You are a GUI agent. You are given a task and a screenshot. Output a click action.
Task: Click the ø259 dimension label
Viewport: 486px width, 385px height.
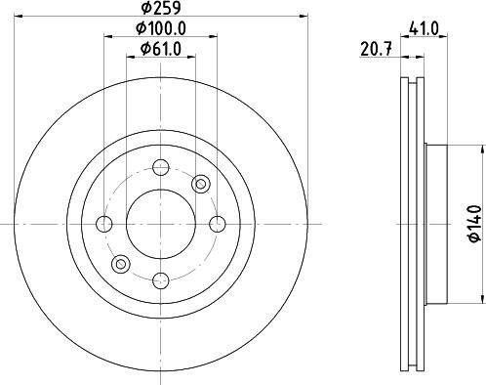tap(161, 8)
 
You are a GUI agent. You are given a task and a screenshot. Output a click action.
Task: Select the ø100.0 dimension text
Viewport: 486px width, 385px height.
tap(161, 28)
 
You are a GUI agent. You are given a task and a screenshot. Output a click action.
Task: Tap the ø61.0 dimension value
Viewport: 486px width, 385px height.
tap(161, 49)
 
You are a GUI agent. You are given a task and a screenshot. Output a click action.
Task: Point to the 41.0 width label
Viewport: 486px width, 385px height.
tap(425, 29)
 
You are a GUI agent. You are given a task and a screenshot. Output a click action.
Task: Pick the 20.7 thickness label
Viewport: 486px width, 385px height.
tap(376, 50)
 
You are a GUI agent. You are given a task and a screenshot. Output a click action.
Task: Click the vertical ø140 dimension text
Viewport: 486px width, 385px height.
tap(474, 224)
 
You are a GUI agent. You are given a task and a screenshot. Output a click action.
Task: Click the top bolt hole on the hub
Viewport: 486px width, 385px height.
tap(161, 167)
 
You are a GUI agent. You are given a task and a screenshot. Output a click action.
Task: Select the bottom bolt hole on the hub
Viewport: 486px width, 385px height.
tap(161, 280)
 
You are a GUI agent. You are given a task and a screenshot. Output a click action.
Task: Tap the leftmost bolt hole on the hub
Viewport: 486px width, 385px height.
tap(104, 224)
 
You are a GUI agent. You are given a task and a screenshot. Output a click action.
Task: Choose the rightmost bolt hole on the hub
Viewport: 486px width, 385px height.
tap(218, 224)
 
